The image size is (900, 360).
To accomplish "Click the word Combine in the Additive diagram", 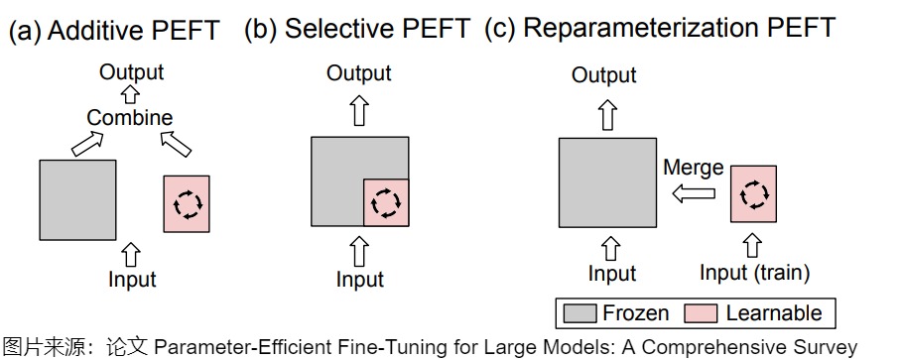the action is click(x=130, y=117).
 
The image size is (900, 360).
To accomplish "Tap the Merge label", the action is click(x=694, y=168).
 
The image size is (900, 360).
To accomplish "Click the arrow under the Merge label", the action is click(x=694, y=193).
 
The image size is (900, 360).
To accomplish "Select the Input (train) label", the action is click(x=755, y=273).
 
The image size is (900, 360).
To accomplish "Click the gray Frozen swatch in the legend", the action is click(x=579, y=313).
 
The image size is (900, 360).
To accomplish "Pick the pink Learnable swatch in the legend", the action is click(x=701, y=313).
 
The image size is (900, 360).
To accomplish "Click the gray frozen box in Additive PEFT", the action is click(x=77, y=199).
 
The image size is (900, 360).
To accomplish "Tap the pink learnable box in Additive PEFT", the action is click(x=187, y=203).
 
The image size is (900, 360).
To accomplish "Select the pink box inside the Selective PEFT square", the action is click(x=386, y=202).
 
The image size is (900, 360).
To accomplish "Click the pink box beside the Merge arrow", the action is click(x=753, y=193).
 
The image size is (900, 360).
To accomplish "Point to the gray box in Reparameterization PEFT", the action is click(x=608, y=182).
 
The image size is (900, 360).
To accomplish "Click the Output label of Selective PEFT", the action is click(x=359, y=73).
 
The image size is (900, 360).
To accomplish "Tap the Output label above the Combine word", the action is click(x=131, y=72).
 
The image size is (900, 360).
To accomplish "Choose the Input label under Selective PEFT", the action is click(x=360, y=279).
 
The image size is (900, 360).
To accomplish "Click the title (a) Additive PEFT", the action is click(x=114, y=31).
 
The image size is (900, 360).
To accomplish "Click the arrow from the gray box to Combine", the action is click(x=88, y=144).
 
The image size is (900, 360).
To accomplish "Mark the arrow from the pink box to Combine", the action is click(x=176, y=144).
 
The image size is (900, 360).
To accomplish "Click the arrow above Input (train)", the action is click(x=752, y=245).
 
